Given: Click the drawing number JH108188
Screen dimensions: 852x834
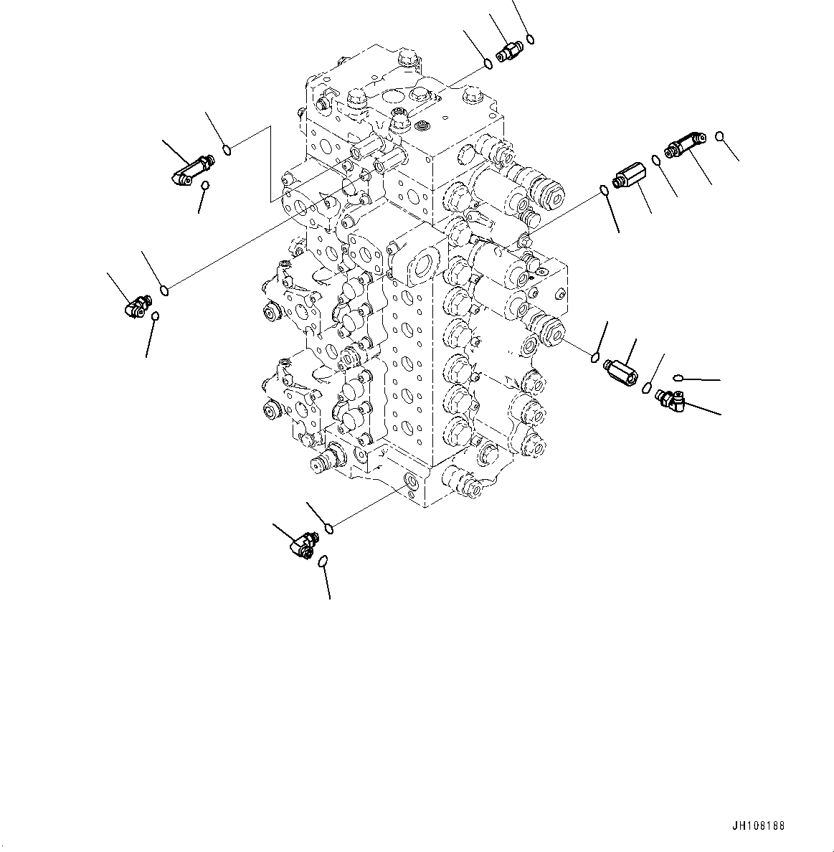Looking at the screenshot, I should tap(759, 826).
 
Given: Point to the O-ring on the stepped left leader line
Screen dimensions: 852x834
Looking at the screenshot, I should tap(227, 149).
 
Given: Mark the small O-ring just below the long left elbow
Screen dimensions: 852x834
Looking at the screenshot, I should tap(206, 186).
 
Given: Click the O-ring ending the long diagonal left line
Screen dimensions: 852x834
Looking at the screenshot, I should tap(165, 290).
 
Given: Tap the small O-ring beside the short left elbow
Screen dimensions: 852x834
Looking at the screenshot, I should tap(155, 316).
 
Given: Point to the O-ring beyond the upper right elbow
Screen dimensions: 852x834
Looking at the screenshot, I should tap(719, 136).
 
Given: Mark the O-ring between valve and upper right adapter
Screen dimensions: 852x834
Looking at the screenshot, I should tap(604, 190).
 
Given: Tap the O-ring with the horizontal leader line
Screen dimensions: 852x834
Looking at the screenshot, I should tap(678, 378).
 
